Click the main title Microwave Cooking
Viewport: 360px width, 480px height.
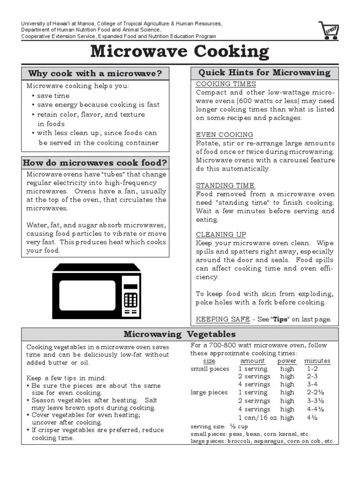point(180,52)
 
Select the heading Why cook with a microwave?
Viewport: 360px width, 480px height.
point(95,73)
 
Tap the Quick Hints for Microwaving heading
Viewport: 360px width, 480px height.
point(264,73)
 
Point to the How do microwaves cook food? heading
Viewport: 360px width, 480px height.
point(95,163)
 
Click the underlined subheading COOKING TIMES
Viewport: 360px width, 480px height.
point(225,84)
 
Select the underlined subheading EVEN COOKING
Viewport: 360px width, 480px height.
point(224,135)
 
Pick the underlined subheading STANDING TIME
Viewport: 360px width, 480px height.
point(225,185)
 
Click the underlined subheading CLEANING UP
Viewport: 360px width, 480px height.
point(221,234)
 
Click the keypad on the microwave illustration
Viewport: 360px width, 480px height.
point(130,300)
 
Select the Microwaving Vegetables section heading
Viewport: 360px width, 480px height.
point(180,334)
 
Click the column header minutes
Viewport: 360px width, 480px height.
point(317,361)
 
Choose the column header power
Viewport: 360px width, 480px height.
point(287,361)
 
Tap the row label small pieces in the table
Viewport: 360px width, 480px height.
point(210,369)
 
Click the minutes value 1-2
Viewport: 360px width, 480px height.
point(312,369)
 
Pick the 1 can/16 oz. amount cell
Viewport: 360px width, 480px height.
point(258,417)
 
